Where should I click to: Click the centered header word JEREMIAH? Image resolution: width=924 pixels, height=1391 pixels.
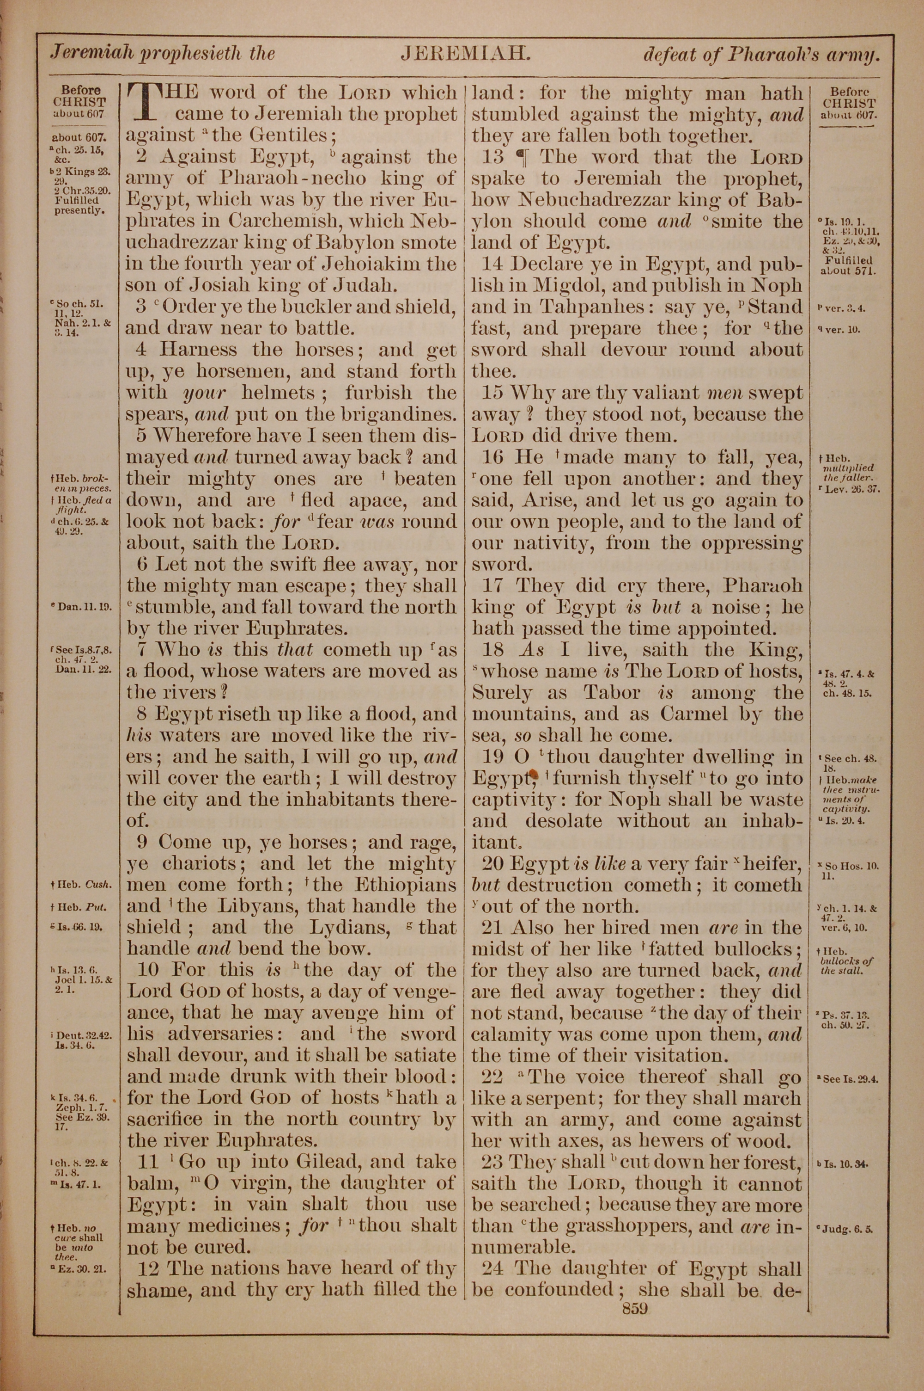[466, 54]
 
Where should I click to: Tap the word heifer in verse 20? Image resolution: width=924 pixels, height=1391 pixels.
[771, 864]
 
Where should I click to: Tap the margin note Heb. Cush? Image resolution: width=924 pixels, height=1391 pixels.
[82, 885]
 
